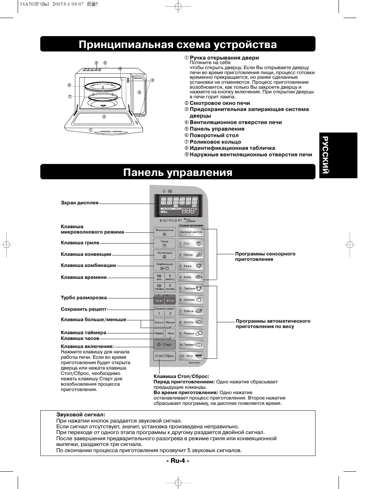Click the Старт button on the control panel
click(164, 345)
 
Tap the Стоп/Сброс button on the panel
click(164, 356)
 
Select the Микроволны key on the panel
click(164, 232)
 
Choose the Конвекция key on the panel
click(164, 254)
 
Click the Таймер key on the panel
click(159, 333)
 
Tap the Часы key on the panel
click(171, 333)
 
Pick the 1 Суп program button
click(191, 244)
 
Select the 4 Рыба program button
click(191, 277)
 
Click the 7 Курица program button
click(191, 311)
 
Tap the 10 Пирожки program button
click(191, 345)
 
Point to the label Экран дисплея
click(80, 203)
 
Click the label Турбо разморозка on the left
click(84, 298)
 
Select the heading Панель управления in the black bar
click(178, 172)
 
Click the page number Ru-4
click(178, 461)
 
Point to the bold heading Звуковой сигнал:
click(81, 415)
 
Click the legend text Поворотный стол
click(214, 135)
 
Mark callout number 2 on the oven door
click(103, 117)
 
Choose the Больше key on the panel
click(159, 322)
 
